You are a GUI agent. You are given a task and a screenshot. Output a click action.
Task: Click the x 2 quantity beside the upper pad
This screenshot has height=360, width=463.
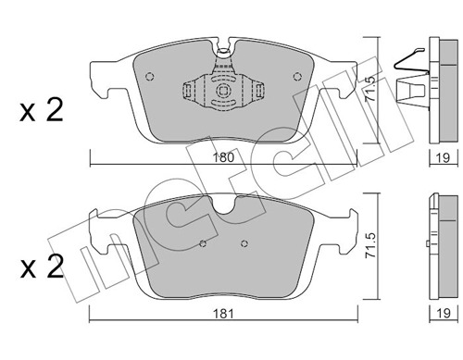coord(41,113)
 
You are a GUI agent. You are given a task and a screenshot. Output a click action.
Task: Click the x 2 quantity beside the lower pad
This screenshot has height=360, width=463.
coord(41,269)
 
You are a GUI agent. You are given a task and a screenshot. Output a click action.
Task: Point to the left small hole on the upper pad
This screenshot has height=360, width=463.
coord(151,76)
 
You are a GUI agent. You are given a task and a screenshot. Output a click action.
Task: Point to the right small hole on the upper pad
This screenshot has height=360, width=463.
coord(295,76)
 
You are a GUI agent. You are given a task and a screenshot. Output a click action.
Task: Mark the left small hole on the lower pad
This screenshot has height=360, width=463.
coord(203,244)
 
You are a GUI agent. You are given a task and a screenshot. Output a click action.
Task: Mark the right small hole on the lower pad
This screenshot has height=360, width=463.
coord(243,244)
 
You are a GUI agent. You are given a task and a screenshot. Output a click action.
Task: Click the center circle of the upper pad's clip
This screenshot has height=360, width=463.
coord(222,92)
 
